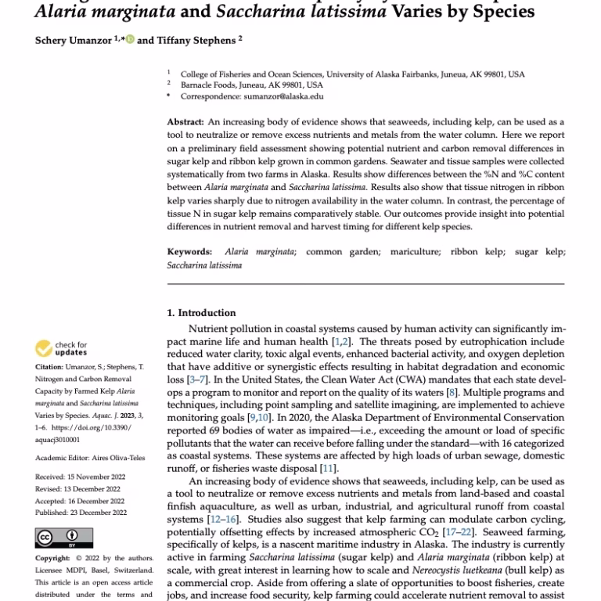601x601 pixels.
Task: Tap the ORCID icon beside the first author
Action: (130, 40)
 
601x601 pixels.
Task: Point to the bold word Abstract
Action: (185, 123)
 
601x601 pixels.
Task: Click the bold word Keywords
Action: (189, 252)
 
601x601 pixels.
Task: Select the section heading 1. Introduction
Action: (201, 313)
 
